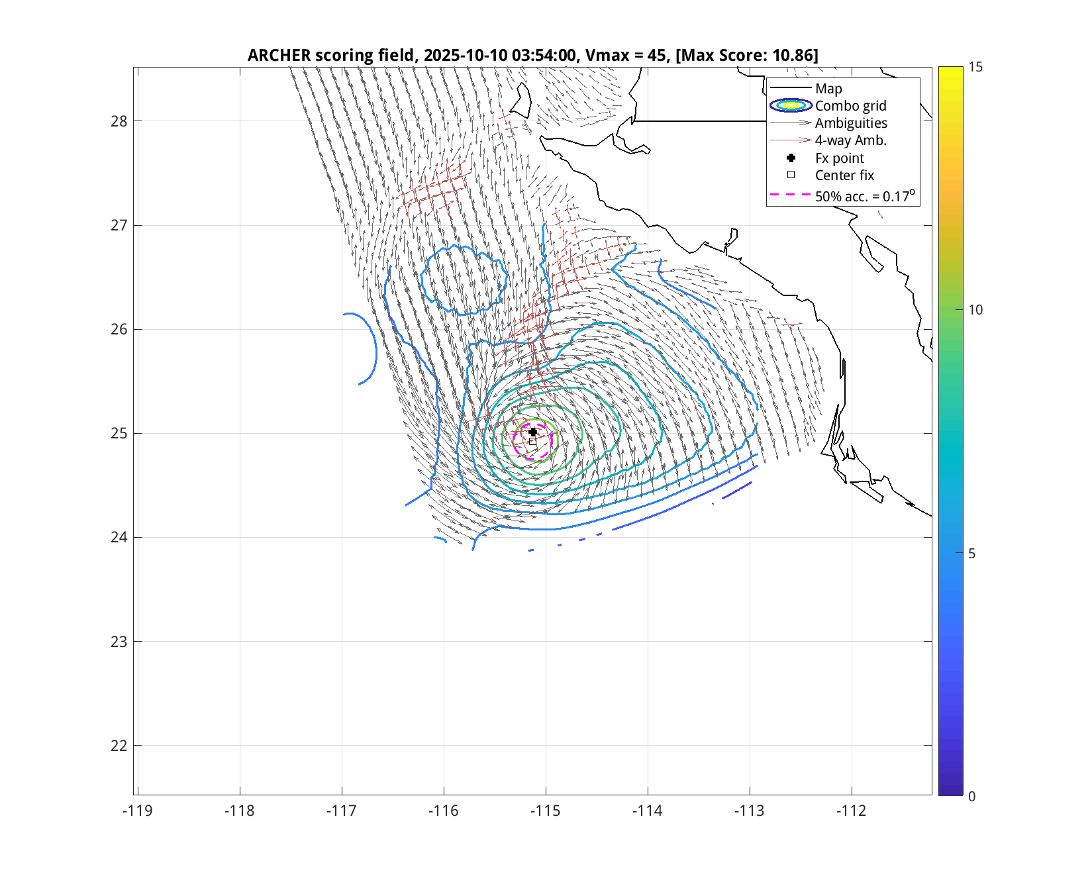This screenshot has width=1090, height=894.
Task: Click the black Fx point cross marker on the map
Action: pos(533,432)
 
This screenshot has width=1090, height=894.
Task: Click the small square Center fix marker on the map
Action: pos(532,441)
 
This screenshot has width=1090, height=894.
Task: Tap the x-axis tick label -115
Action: pos(546,811)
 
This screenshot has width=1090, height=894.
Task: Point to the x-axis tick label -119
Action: pos(137,811)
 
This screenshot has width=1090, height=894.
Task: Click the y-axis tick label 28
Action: pos(119,121)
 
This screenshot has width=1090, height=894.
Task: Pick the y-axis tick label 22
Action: pos(119,746)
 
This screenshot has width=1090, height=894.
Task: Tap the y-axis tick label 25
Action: pos(119,434)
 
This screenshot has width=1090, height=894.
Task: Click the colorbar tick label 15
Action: pos(975,67)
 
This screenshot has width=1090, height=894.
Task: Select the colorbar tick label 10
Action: pos(975,310)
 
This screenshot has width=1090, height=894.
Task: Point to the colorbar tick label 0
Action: pos(971,796)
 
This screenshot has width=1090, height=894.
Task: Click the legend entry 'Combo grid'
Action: pos(850,106)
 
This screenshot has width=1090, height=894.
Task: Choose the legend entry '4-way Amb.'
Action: pos(850,140)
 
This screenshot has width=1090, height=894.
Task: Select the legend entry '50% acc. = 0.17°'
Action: pos(864,196)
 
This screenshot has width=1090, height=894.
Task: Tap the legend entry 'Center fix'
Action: pos(844,175)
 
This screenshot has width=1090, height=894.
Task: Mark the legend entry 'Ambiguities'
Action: pos(851,123)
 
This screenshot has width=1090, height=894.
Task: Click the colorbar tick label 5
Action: pos(971,553)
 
